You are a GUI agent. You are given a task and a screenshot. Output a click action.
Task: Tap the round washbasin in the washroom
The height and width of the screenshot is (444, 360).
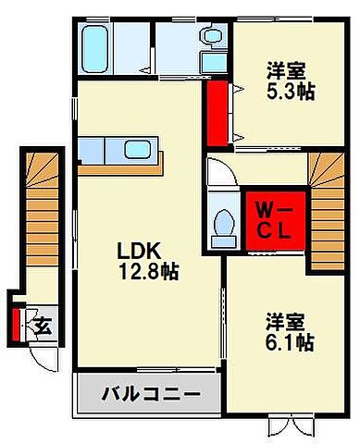click(212, 38)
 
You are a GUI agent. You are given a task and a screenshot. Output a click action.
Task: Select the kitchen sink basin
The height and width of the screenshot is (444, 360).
click(138, 149)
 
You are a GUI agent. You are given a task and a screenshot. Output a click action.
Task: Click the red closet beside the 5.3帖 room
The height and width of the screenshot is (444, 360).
click(218, 113)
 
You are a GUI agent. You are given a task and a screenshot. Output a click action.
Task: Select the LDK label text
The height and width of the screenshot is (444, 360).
click(140, 250)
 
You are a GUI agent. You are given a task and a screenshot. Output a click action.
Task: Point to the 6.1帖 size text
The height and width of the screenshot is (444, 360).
click(289, 343)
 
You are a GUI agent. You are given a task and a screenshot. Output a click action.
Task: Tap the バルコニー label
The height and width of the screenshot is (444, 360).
click(151, 394)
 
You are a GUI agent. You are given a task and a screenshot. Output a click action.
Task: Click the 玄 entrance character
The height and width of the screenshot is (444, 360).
click(43, 326)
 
